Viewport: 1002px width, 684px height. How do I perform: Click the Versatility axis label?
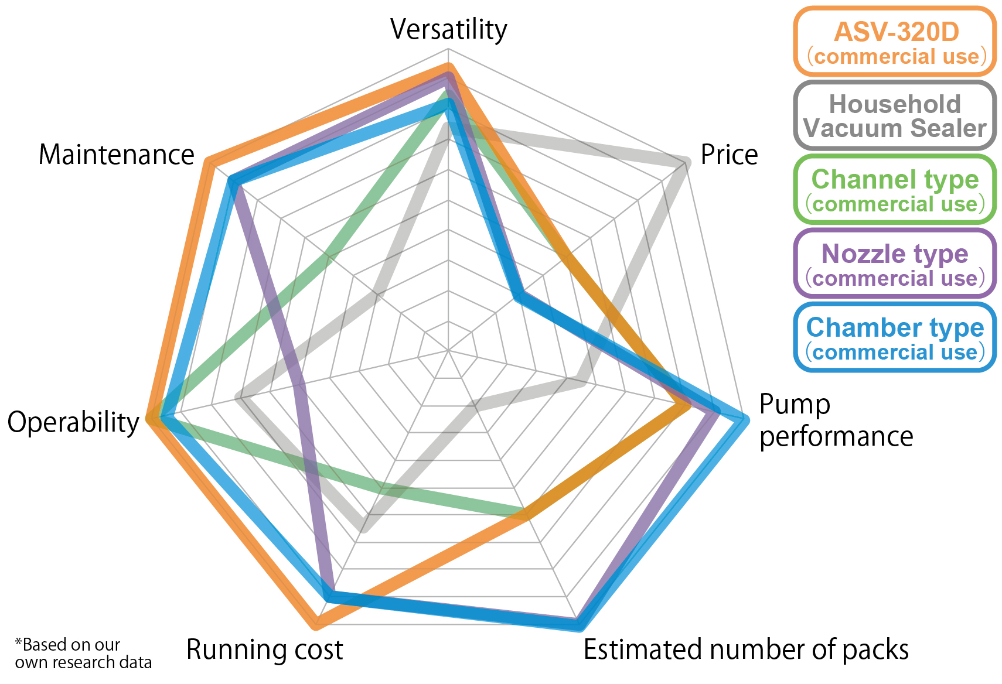[448, 29]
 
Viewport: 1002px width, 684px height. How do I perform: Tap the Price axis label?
[729, 155]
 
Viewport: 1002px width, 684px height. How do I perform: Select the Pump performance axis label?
[836, 420]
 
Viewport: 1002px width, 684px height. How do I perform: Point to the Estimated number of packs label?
[746, 649]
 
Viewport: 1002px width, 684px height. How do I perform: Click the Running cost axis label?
[264, 649]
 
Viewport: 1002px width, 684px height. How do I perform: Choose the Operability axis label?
[73, 422]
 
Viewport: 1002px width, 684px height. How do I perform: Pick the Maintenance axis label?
[116, 155]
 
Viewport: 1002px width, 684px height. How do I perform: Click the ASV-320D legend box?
[895, 42]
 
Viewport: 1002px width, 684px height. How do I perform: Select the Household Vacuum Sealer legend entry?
[895, 116]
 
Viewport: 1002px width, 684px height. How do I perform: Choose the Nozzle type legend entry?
[895, 264]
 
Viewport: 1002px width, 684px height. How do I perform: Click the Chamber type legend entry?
[895, 337]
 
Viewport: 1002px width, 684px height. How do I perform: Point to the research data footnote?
[83, 654]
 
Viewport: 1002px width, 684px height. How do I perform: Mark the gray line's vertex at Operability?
[239, 398]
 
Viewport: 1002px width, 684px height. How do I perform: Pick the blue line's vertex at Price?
[516, 297]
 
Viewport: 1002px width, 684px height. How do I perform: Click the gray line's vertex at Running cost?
[363, 529]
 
